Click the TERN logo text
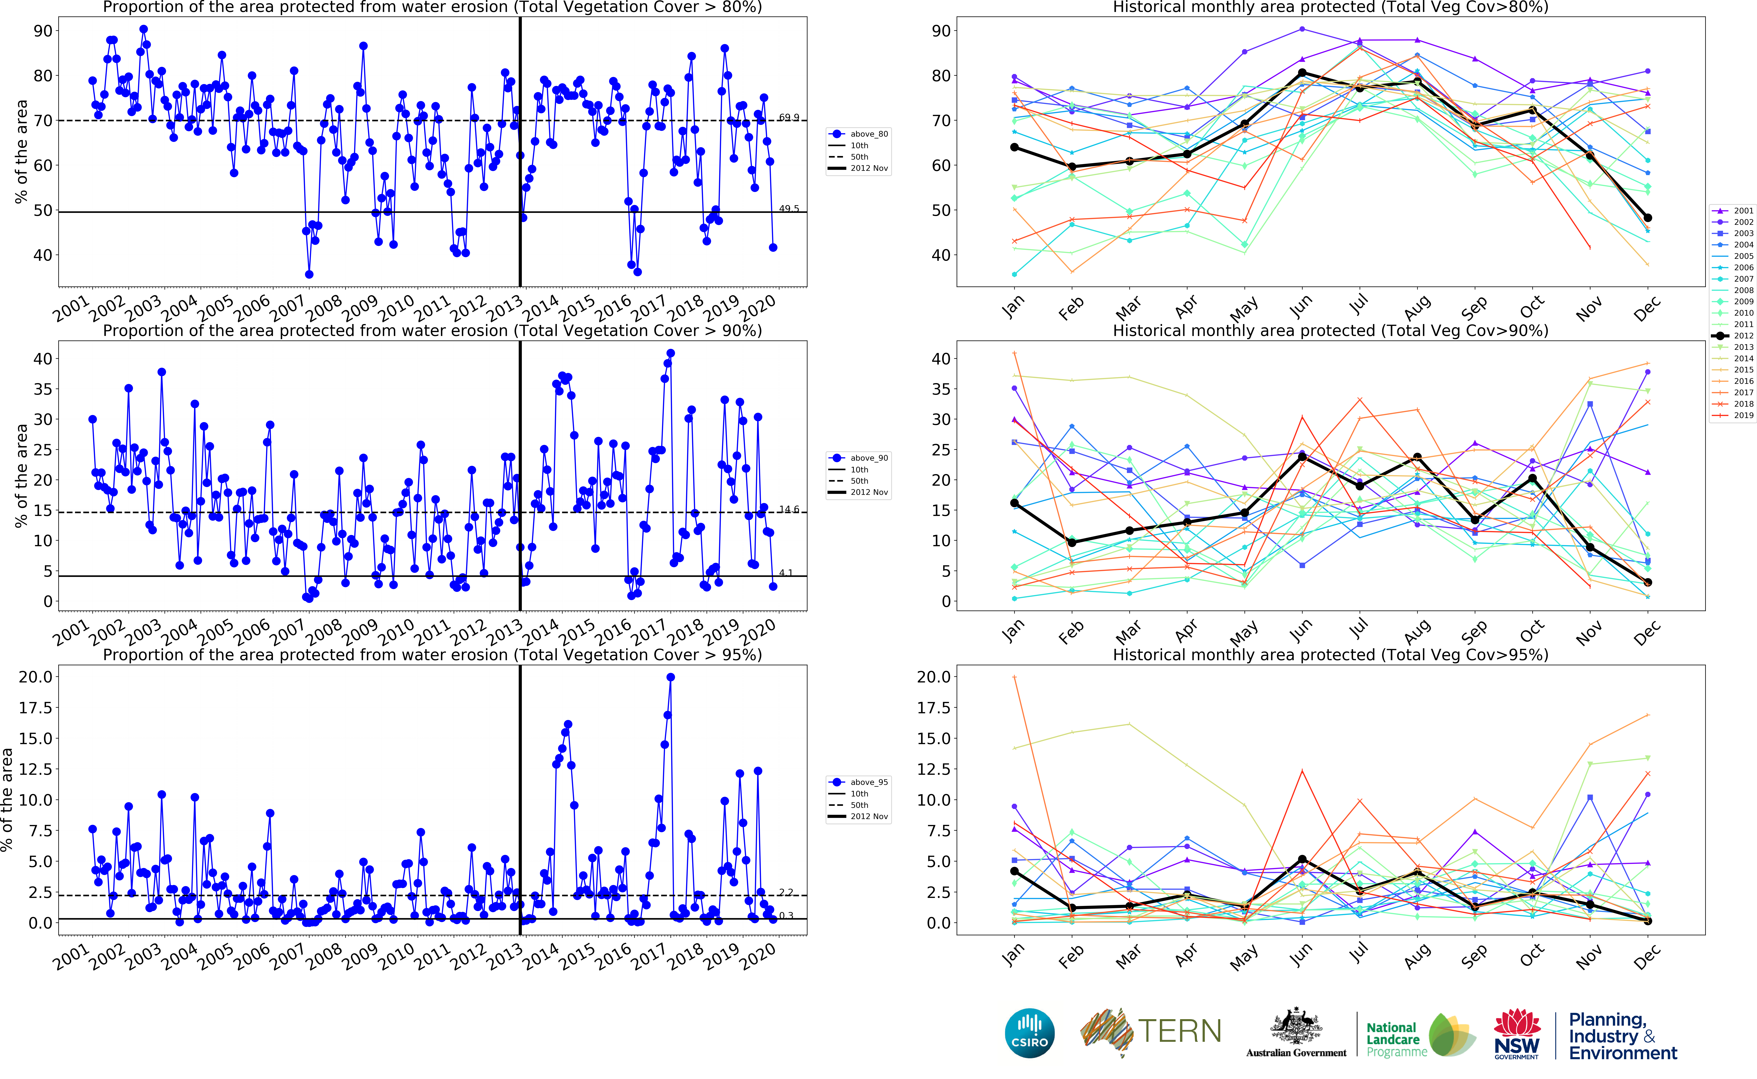1179,1031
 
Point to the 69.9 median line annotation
789,118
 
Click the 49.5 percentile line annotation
789,209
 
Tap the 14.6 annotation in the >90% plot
789,510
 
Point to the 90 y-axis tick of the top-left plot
43,31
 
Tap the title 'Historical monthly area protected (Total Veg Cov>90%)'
1330,330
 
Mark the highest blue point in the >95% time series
670,677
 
